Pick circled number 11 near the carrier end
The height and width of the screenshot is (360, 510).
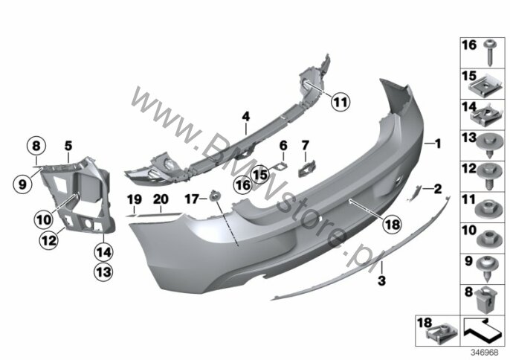click(340, 101)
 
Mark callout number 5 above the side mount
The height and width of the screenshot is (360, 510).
click(68, 146)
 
